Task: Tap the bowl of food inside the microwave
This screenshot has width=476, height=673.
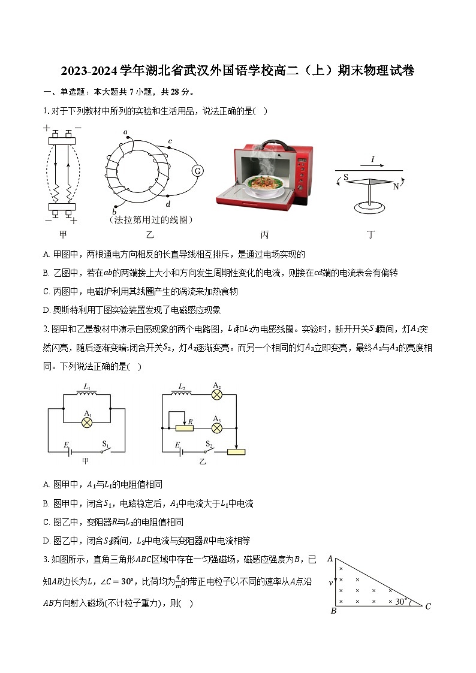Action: (267, 180)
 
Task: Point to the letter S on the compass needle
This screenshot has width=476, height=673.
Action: (345, 177)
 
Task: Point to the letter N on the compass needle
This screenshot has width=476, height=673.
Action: (395, 186)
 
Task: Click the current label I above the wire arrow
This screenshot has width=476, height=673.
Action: (372, 159)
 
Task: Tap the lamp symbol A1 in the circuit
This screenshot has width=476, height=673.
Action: (88, 422)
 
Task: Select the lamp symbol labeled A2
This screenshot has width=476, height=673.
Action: (217, 394)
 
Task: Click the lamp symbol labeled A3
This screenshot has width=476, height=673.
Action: (217, 428)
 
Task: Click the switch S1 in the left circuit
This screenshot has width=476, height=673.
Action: (106, 451)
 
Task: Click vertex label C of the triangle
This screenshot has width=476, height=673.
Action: (427, 606)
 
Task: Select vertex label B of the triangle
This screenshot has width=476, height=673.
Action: (333, 611)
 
